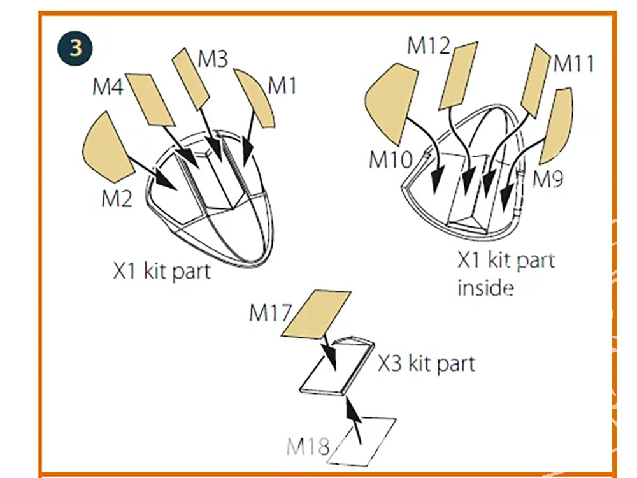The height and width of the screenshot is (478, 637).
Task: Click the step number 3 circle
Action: [75, 48]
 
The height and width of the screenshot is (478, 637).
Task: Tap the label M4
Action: [108, 87]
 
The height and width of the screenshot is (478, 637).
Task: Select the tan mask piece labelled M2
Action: [106, 147]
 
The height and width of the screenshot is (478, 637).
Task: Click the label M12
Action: [429, 45]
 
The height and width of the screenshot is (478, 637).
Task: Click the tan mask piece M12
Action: [458, 75]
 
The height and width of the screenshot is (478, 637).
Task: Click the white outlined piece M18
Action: [363, 440]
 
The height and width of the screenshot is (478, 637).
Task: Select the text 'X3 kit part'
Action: [426, 364]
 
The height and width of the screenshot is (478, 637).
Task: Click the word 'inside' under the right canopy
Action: [485, 288]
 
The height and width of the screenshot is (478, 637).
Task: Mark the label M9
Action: [548, 179]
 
